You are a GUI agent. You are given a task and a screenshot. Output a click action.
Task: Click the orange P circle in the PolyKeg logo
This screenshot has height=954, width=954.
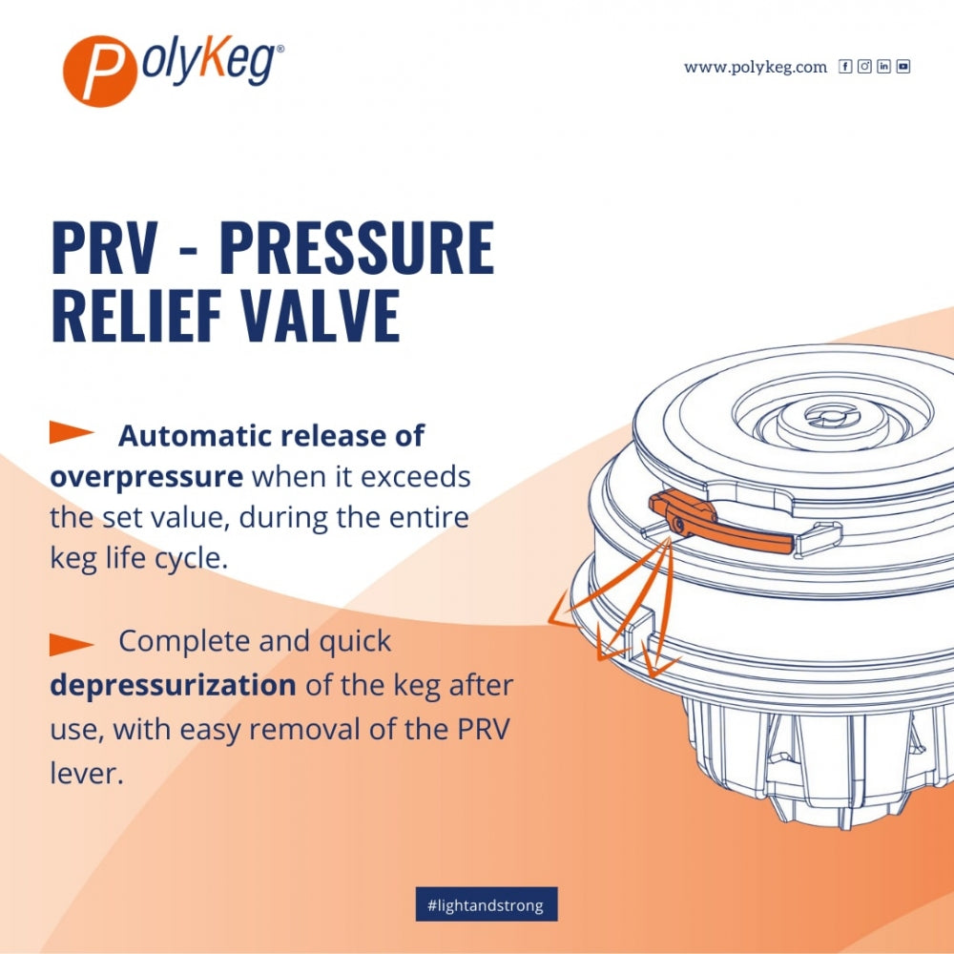coord(95,70)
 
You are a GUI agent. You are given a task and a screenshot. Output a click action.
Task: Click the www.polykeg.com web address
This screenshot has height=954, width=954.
coord(755,67)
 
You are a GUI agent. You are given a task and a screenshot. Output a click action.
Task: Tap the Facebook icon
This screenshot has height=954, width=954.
coord(845,67)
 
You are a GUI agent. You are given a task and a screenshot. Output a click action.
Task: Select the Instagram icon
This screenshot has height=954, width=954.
coord(864,67)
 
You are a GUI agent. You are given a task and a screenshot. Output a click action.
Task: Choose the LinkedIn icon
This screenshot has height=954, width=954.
coord(883,67)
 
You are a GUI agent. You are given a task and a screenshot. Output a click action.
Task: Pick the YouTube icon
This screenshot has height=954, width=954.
coord(902,67)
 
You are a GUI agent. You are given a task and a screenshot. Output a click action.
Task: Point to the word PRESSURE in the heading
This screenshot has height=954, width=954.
coord(357,249)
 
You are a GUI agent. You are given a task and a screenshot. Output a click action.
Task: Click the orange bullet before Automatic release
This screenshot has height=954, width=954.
coord(72,433)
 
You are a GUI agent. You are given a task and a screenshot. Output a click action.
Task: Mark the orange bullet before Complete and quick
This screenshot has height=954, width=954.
coord(72,644)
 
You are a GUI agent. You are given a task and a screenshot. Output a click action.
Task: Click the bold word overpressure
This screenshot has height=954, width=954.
coord(146,477)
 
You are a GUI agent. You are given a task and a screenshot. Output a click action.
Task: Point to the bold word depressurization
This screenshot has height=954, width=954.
coord(173,685)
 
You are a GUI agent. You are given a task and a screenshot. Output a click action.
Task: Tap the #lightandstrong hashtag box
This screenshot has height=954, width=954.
coord(486,904)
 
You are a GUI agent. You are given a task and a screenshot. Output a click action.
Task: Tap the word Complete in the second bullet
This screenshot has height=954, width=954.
coord(180,641)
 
